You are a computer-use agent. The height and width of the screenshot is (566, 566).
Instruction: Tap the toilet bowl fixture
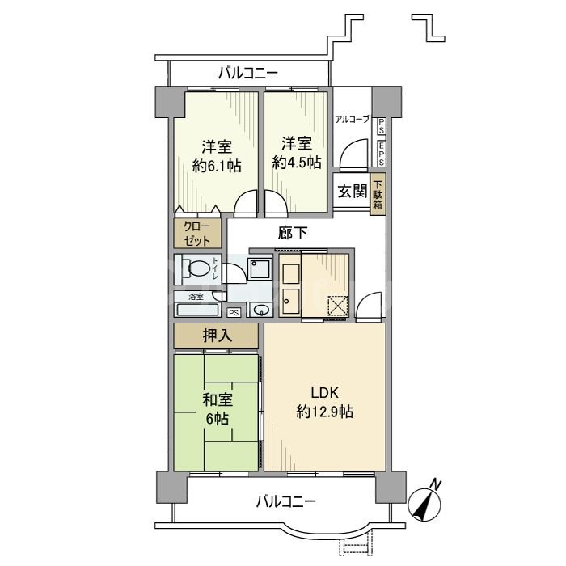tap(192, 268)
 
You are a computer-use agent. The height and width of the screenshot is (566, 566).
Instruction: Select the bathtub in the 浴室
tap(196, 310)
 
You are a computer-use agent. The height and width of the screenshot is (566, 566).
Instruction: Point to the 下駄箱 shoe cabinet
tap(378, 193)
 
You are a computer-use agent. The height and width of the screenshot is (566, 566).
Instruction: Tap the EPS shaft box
tap(381, 151)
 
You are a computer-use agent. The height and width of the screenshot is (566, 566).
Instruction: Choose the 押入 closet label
tap(216, 336)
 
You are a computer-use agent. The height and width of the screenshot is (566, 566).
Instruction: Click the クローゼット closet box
tap(196, 234)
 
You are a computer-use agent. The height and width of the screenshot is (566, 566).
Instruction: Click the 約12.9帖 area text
tap(323, 412)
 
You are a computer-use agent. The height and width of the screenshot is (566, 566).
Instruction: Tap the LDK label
tap(323, 394)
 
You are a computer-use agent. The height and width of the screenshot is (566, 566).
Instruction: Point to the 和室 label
tap(216, 399)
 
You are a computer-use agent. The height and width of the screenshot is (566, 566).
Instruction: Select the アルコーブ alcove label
tap(353, 120)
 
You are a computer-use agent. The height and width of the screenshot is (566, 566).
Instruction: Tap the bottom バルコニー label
tap(286, 501)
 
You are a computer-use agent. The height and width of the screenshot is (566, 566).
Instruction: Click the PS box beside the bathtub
tap(234, 313)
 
